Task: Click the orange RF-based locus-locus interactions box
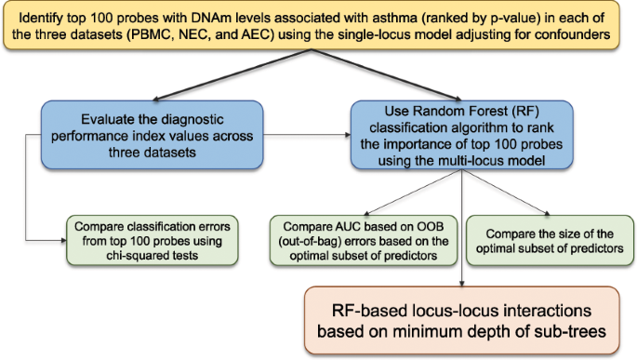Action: coord(462,320)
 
